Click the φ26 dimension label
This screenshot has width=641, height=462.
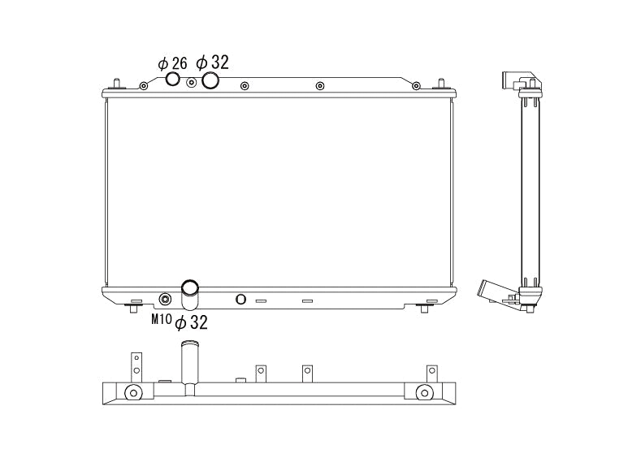coord(172,63)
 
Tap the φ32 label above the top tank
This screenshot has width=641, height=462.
coord(212,62)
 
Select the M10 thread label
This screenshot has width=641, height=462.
coord(162,319)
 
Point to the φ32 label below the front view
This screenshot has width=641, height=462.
coord(192,322)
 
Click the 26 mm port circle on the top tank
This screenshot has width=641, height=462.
coord(173,79)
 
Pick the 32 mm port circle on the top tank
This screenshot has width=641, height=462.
coord(210,80)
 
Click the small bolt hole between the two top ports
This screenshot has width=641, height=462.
coord(192,82)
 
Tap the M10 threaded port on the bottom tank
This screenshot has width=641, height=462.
coord(166,298)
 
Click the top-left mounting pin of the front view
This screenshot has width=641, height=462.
coord(119,83)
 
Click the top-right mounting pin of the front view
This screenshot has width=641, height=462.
coord(442,83)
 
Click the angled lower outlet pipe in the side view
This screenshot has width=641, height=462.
coord(493,290)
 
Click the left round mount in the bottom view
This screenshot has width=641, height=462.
coord(132,394)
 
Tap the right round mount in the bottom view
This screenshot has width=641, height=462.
coord(423,394)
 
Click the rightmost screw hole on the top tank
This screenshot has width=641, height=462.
coord(416,85)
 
